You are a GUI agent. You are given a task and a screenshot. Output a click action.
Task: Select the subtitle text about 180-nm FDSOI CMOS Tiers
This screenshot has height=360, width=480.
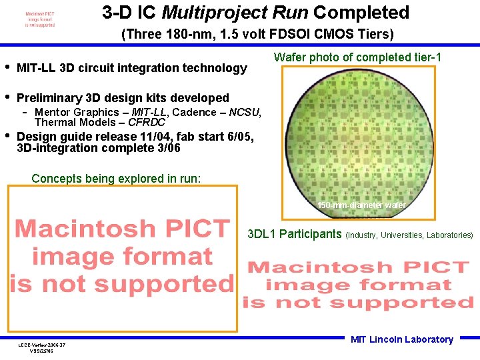(x=257, y=34)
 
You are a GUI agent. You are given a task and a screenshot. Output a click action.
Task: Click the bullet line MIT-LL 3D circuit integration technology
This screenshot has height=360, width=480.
(x=131, y=67)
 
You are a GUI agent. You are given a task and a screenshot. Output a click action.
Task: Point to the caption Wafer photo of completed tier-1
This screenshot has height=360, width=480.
(x=357, y=57)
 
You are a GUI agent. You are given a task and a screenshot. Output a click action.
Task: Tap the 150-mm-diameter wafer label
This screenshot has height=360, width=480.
(x=361, y=205)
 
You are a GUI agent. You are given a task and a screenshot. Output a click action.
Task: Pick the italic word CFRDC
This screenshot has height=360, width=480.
(x=147, y=122)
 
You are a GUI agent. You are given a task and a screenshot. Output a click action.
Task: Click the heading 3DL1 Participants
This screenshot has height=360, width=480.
(x=294, y=234)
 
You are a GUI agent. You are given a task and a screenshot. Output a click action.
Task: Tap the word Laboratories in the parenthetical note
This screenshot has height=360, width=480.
(x=449, y=235)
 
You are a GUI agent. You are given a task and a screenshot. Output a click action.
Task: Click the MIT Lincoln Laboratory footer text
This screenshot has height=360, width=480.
(x=401, y=339)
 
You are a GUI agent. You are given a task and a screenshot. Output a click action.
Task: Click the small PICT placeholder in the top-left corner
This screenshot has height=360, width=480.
(x=40, y=19)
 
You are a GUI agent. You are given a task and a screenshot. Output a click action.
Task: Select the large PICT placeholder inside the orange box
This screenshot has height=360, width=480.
(x=122, y=256)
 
